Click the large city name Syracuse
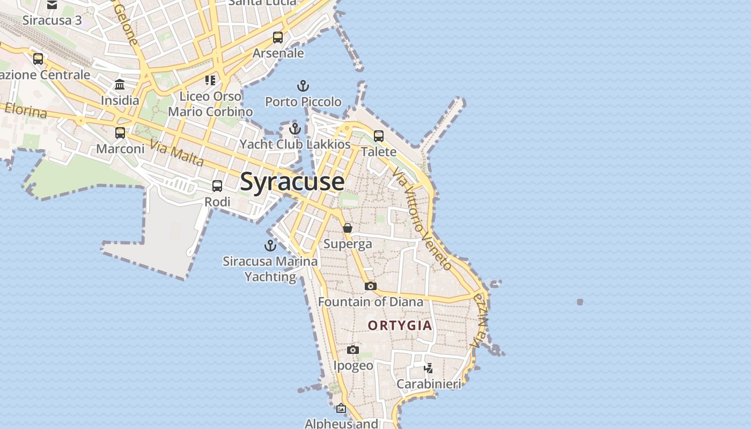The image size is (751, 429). pos(292,182)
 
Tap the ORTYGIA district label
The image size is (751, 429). pos(400,326)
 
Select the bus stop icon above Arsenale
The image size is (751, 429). pos(277,38)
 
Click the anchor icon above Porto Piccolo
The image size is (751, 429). pos(303,86)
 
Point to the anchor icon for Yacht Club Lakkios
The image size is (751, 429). pos(294,129)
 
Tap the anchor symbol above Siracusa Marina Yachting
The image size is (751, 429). pos(270,246)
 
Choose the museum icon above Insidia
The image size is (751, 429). pos(120,85)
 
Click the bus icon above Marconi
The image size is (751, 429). pos(120,132)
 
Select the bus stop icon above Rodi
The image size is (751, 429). pos(217,186)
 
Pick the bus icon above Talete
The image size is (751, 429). pos(379,136)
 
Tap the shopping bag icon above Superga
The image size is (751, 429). pos(348,228)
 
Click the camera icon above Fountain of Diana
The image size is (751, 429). pos(370,286)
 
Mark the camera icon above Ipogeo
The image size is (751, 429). pos(352,350)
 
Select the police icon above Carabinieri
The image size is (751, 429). pos(428,368)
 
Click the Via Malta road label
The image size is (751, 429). pos(177,153)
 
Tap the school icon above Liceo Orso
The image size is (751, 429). pos(210,80)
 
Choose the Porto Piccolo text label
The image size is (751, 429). pos(303,101)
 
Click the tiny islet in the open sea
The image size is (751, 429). pos(580,302)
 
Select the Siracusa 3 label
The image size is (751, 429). pos(52,20)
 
